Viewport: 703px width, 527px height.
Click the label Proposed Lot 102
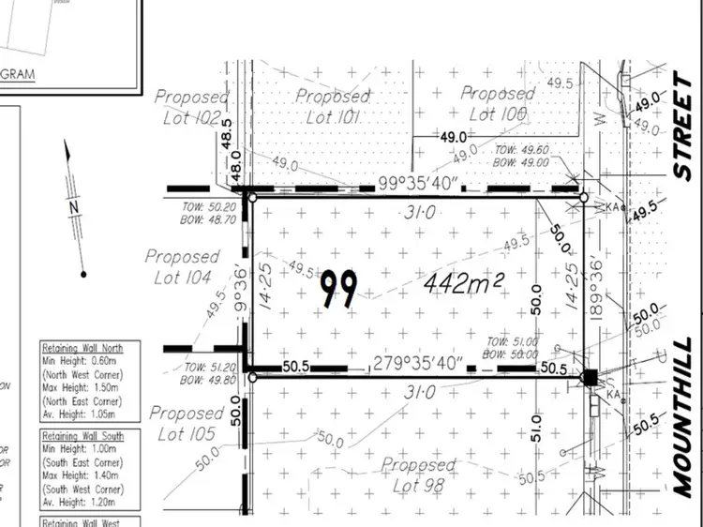190,107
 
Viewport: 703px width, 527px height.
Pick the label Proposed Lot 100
496,103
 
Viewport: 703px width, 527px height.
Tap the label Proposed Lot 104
183,265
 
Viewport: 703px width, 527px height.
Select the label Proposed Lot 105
186,423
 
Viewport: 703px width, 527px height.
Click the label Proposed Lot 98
419,474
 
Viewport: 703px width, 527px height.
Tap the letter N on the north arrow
72,205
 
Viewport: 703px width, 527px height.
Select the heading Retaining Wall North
87,344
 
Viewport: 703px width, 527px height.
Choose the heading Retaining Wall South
87,436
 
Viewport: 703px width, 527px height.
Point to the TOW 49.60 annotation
521,149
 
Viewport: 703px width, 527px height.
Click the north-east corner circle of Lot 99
583,198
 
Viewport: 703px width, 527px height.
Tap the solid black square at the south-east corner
591,378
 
